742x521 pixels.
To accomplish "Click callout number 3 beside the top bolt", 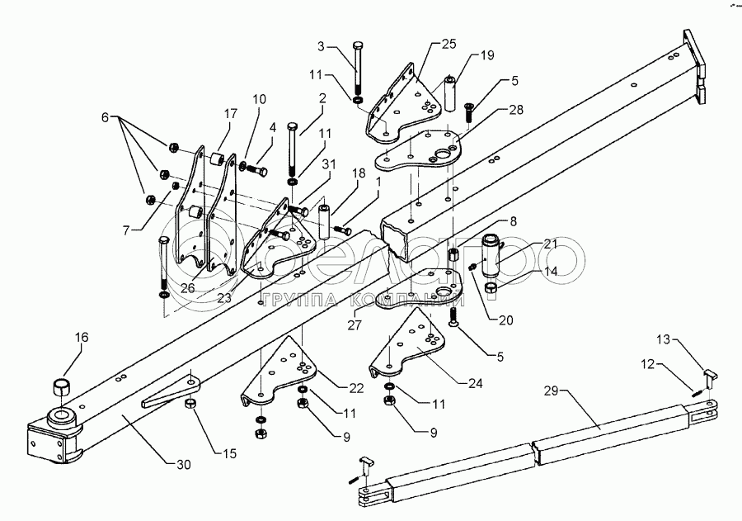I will tap(322, 45).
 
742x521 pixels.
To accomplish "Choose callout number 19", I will tap(488, 55).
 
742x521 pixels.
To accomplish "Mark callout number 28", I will tap(491, 110).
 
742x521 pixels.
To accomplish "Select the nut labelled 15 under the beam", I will tap(190, 404).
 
